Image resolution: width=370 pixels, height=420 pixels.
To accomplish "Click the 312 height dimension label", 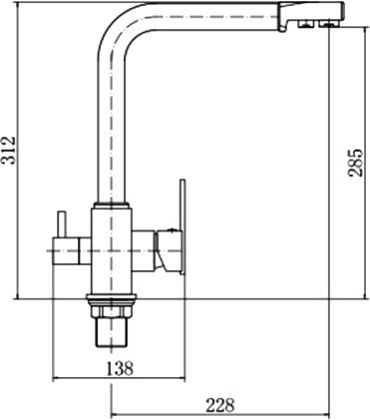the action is [8, 150].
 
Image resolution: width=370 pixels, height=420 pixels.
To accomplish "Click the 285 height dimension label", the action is [355, 162].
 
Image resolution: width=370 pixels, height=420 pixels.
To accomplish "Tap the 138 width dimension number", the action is [120, 368].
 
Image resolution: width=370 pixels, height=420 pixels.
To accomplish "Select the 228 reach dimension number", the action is [220, 405].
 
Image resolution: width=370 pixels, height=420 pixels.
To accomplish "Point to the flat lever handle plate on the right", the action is [183, 227].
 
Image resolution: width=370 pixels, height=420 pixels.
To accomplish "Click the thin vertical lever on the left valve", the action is [62, 224].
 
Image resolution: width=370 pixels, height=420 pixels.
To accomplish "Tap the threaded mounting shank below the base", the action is [112, 332].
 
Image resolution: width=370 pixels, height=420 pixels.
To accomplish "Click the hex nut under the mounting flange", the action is [112, 310].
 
